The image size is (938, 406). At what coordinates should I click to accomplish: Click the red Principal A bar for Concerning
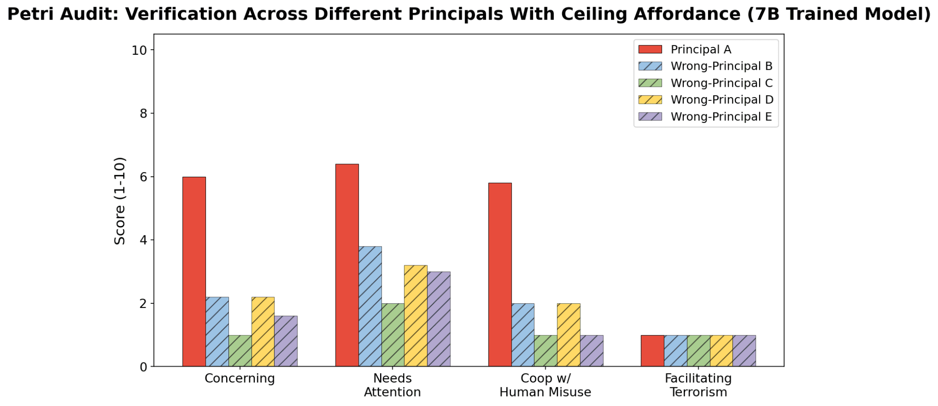point(194,272)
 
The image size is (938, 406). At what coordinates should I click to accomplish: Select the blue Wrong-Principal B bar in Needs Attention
point(370,307)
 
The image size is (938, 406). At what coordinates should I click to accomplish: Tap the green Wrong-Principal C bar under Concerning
point(240,351)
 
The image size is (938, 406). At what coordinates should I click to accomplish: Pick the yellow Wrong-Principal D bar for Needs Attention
point(415,316)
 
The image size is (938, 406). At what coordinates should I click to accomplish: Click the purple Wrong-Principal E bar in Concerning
point(286,341)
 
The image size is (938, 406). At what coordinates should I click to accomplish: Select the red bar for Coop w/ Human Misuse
point(500,275)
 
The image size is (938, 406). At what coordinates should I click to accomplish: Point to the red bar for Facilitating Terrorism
point(652,351)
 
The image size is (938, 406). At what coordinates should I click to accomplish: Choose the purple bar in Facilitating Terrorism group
point(744,351)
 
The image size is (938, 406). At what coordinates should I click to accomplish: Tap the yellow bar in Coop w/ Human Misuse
point(568,335)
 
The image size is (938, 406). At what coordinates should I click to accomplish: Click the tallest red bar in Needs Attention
point(347,265)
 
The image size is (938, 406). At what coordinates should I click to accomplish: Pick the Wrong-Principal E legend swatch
point(650,117)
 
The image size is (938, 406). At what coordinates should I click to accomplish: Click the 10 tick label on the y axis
point(139,50)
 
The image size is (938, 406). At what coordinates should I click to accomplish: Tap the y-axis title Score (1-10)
point(120,201)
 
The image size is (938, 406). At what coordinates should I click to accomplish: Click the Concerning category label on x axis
point(240,378)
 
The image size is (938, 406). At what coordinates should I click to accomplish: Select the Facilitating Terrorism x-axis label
point(698,385)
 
